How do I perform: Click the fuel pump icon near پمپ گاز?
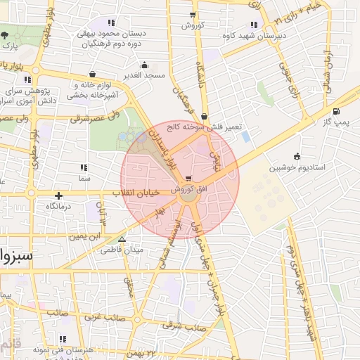tap(335, 111)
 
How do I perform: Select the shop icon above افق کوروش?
tap(188, 179)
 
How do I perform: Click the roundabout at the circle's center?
tap(188, 198)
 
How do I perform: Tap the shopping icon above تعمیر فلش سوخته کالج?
tap(204, 117)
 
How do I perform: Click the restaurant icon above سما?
tap(84, 167)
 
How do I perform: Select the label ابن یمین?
tap(84, 236)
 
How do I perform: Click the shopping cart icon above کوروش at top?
tap(193, 15)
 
